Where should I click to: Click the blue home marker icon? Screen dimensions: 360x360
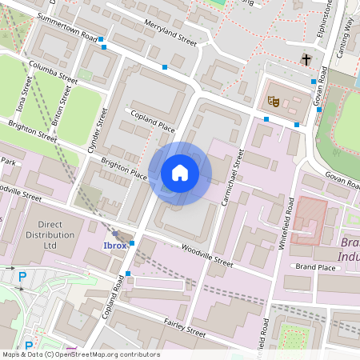[x=180, y=173]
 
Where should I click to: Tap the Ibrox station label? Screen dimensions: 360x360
[x=115, y=245]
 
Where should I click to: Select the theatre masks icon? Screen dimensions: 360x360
[x=273, y=102]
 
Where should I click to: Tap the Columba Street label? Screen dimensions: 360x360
[x=52, y=73]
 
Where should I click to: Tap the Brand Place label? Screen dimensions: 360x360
[x=315, y=266]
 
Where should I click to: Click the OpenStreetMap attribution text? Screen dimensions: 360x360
[x=80, y=354]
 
